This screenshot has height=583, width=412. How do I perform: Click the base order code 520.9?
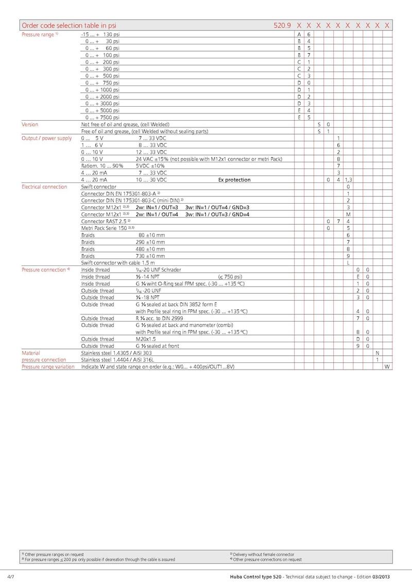pos(282,25)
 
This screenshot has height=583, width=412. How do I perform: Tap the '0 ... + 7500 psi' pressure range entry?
pos(102,117)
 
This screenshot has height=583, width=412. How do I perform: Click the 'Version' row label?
pos(29,124)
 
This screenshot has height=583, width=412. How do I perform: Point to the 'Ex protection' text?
pos(234,180)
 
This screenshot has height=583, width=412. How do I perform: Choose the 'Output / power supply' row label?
pos(46,138)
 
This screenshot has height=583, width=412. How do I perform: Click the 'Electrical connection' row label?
pos(44,187)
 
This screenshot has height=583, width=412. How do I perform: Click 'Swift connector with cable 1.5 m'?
pos(118,263)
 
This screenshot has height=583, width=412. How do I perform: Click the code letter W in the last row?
pos(386,367)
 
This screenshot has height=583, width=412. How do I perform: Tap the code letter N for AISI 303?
pos(377,353)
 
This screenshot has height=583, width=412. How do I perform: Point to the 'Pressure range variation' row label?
pos(47,367)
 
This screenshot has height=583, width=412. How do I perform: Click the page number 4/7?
pos(11,575)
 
